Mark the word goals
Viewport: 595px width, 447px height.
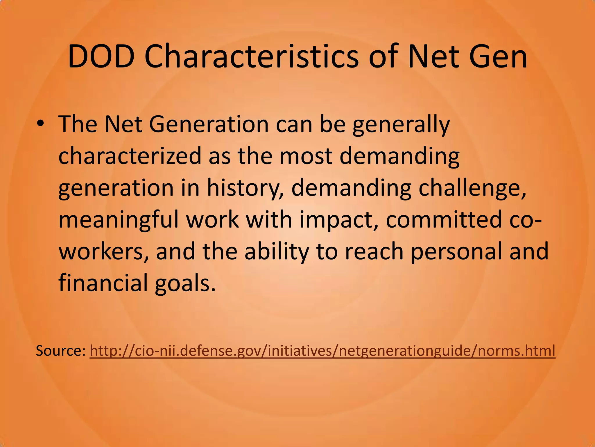point(186,284)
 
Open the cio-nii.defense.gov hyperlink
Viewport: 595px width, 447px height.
point(322,351)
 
